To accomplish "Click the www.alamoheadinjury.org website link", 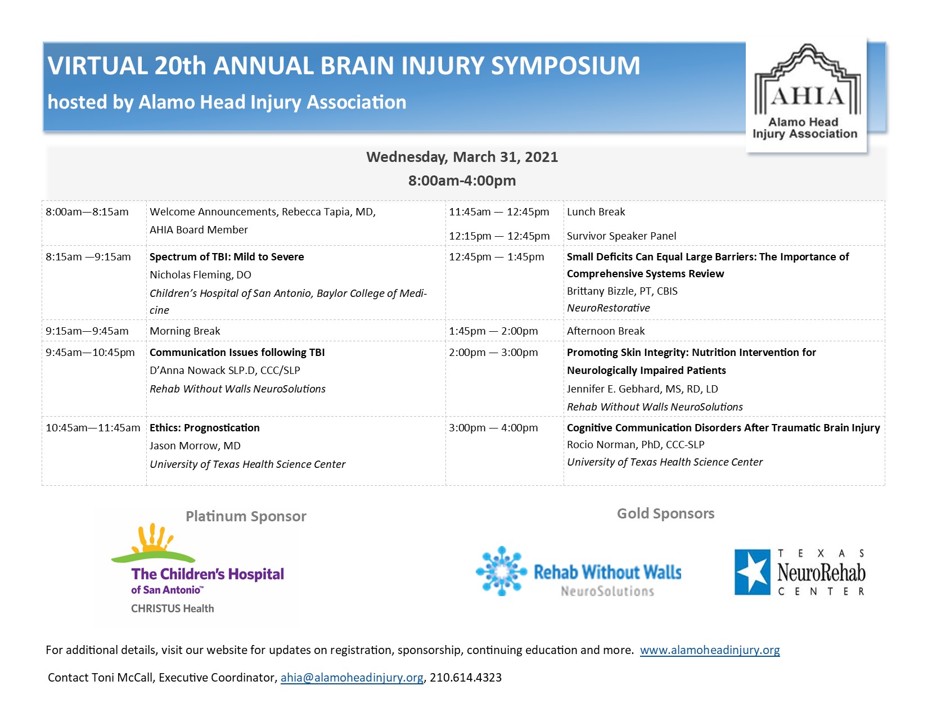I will point(710,650).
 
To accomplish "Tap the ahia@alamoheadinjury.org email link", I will point(352,678).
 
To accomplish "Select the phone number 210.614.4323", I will point(466,678).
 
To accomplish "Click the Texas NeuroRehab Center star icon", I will point(752,572).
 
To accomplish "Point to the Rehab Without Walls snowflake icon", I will point(501,571).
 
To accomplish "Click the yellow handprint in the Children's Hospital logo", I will point(152,538).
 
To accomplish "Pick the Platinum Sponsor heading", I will point(246,516).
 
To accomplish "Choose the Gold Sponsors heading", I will point(665,513).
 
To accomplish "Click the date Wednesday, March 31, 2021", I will point(462,157).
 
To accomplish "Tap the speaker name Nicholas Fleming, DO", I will point(200,275).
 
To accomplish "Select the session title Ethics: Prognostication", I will point(205,428).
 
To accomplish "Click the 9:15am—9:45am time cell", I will point(87,331).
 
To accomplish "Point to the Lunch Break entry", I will point(596,212).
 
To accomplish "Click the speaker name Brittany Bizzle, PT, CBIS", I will point(622,291).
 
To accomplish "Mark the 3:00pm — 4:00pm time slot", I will point(493,428).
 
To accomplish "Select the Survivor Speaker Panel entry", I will point(621,236).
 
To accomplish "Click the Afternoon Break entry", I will point(606,331).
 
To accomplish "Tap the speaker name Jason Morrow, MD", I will point(195,446).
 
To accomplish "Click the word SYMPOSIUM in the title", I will point(565,66).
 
